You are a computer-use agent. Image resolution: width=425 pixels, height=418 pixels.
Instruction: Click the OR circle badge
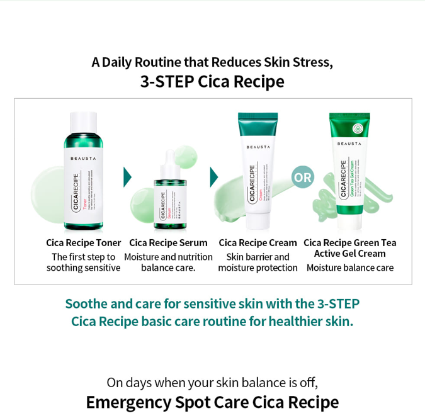coord(303,178)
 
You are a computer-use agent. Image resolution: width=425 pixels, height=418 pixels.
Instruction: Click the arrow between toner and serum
coord(128,178)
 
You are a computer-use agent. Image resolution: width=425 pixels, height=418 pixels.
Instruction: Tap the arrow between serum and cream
coord(214,178)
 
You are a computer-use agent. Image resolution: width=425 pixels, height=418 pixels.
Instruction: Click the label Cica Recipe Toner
coord(83,242)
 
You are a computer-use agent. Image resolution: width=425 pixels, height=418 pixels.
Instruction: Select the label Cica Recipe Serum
coord(168,242)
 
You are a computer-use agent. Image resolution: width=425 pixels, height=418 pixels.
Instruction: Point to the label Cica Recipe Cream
coord(258,242)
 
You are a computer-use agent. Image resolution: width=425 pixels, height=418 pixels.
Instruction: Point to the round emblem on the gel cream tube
coord(358,128)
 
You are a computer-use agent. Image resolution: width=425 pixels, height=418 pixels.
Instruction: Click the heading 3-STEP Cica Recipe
coord(212,81)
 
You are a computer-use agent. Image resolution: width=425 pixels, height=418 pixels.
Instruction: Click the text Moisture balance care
coord(349,268)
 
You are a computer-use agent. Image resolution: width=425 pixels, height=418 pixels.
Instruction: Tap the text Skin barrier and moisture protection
coord(258,262)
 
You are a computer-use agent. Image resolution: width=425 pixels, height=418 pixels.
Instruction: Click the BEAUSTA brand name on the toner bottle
coord(84,159)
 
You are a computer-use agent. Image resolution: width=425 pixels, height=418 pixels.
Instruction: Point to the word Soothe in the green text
coord(84,303)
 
